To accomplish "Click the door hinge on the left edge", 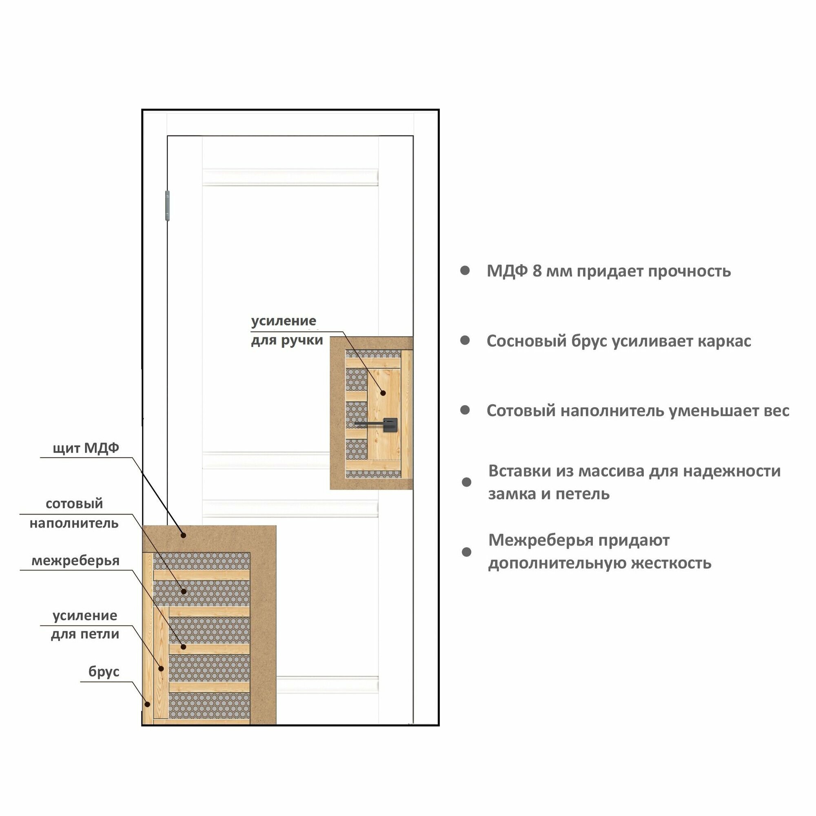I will [167, 205].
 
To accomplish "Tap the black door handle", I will [389, 424].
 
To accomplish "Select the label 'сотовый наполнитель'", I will [74, 513].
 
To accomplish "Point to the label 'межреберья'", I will [75, 561].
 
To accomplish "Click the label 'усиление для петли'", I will [85, 625].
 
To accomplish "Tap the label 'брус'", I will [104, 672].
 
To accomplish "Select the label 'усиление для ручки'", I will [287, 331].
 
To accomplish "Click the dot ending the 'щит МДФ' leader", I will [183, 535].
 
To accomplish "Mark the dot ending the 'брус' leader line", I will [147, 704].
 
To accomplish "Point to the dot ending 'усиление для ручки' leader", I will [383, 393].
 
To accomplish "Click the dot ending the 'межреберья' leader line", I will [183, 647].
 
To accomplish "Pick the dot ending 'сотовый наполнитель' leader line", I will [183, 591].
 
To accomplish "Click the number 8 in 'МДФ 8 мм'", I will [537, 271].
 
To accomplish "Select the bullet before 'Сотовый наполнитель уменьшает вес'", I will [465, 410].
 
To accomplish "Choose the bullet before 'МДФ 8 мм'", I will [465, 271].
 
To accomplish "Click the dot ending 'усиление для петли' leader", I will [161, 669].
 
